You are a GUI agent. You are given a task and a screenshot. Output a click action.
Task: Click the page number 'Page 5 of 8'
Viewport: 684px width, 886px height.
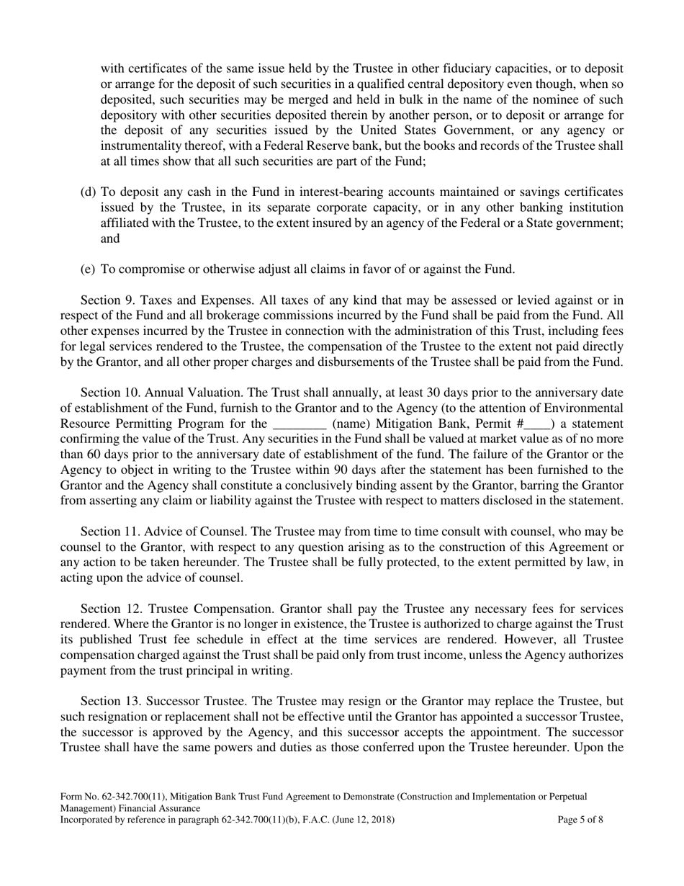click(580, 820)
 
